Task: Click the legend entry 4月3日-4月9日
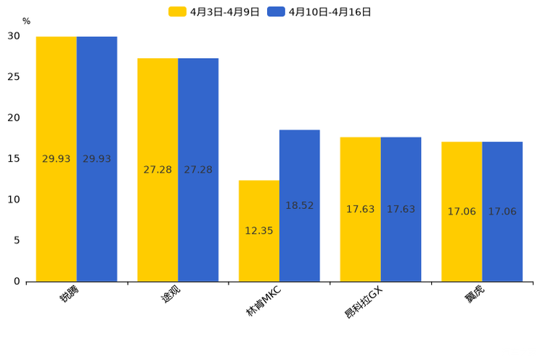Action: click(214, 12)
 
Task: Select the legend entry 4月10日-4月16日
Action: click(319, 12)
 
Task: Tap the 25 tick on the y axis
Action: click(15, 77)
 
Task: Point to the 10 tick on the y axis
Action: click(15, 200)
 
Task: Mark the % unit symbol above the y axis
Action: click(26, 22)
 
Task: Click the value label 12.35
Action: click(259, 231)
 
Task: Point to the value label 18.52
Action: click(300, 206)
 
